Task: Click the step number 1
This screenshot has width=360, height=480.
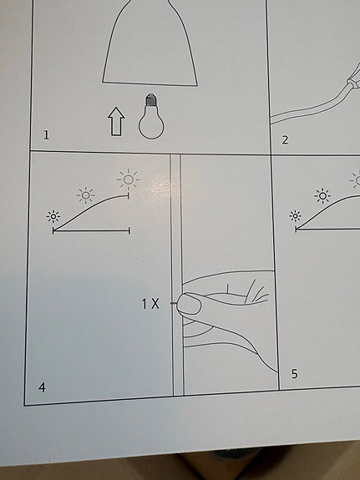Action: click(46, 134)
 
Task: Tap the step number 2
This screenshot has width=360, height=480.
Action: click(285, 140)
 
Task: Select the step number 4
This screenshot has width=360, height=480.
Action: click(42, 387)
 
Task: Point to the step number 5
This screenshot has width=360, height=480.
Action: click(294, 374)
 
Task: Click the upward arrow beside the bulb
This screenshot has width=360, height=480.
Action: click(116, 121)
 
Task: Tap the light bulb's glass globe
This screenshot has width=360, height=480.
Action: click(151, 124)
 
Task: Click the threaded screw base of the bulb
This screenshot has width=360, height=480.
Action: click(150, 100)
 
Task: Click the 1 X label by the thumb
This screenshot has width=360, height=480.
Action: click(150, 304)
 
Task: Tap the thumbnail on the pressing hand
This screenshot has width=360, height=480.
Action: click(189, 304)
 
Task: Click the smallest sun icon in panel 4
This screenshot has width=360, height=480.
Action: click(53, 217)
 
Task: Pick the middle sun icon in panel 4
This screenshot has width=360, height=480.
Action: click(85, 195)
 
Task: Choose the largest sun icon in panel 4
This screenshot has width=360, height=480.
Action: click(129, 179)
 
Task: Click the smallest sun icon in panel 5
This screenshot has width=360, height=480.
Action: click(296, 216)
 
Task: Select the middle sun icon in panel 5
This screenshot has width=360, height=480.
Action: click(322, 195)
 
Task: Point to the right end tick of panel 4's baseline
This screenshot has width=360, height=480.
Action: click(129, 230)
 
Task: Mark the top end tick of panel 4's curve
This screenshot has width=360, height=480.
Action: click(129, 195)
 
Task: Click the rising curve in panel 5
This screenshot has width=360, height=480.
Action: click(325, 207)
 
